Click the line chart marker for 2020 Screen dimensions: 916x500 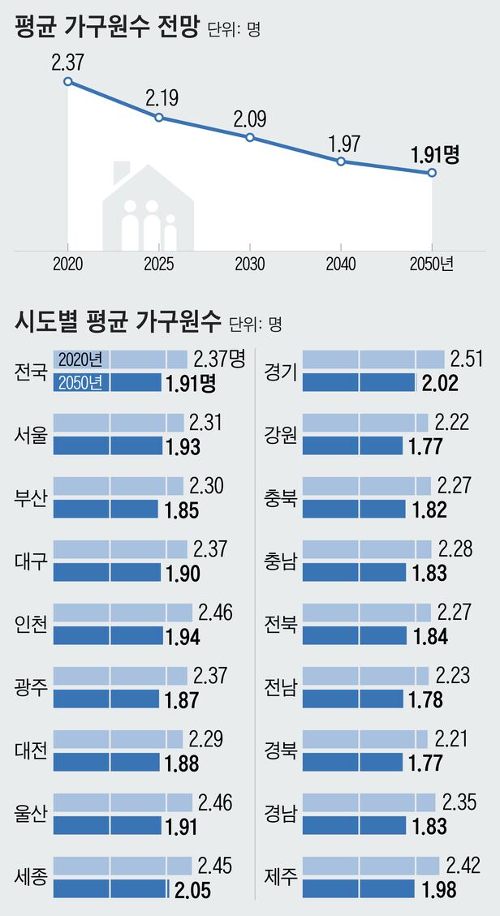67,81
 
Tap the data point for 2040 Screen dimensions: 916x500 341,161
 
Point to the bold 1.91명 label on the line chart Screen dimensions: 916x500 435,154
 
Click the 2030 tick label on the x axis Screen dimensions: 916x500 249,264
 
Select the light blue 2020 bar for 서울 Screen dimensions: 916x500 119,423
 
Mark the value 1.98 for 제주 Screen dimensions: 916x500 439,890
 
